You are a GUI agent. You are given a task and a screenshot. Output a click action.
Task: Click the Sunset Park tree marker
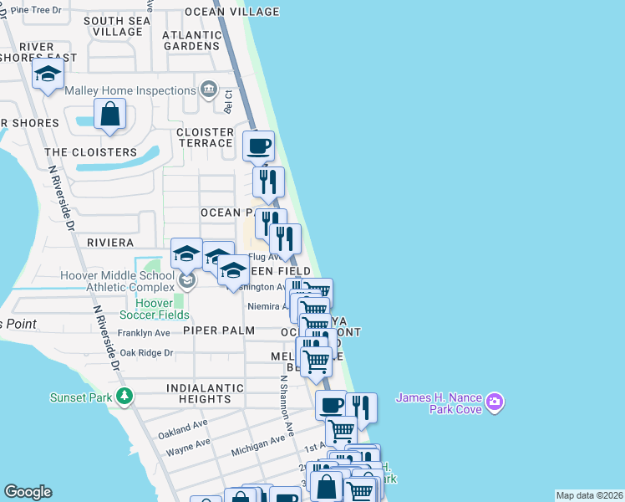124,395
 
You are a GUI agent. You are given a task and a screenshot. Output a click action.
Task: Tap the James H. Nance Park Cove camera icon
495,403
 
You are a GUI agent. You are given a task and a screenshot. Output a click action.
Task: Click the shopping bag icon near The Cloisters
110,114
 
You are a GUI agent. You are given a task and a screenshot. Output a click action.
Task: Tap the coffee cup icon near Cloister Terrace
258,146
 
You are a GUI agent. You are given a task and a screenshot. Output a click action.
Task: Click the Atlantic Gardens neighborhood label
192,40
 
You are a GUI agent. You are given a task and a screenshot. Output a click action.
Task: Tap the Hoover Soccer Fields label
153,309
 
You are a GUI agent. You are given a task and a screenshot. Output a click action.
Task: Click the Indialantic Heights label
205,394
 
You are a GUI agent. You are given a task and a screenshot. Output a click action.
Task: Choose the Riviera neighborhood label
110,243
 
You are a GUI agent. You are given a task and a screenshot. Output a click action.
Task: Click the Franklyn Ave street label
144,332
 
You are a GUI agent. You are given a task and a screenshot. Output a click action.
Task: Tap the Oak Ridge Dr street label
146,353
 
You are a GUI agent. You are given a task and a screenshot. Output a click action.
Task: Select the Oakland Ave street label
183,427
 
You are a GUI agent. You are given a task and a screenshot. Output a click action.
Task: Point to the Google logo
28,492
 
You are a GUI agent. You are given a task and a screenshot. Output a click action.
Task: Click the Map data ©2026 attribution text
589,495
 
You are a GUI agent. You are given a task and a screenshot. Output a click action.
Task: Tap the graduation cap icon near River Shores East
48,74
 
